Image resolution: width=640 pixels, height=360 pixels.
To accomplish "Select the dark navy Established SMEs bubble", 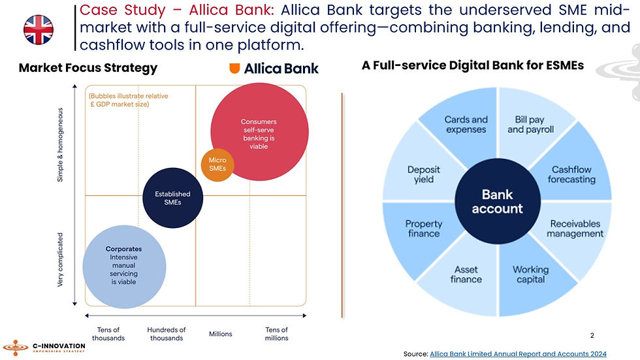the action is pyautogui.click(x=172, y=198).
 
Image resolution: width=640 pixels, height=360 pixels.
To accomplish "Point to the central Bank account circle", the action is pyautogui.click(x=498, y=201).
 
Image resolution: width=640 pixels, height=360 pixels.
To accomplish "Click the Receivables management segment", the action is pyautogui.click(x=575, y=229).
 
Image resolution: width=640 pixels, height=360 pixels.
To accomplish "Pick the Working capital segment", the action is pyautogui.click(x=530, y=275).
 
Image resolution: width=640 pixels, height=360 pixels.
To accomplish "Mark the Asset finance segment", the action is pyautogui.click(x=466, y=275).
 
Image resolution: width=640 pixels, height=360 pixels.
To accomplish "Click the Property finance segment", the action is pyautogui.click(x=424, y=229).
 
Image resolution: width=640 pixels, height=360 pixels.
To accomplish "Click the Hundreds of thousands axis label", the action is pyautogui.click(x=167, y=334).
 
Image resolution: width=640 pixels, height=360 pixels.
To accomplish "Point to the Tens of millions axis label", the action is pyautogui.click(x=276, y=334).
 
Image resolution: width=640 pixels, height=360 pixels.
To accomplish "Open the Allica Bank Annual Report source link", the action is pyautogui.click(x=518, y=353).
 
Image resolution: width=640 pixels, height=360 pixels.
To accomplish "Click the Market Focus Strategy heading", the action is pyautogui.click(x=88, y=68).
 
